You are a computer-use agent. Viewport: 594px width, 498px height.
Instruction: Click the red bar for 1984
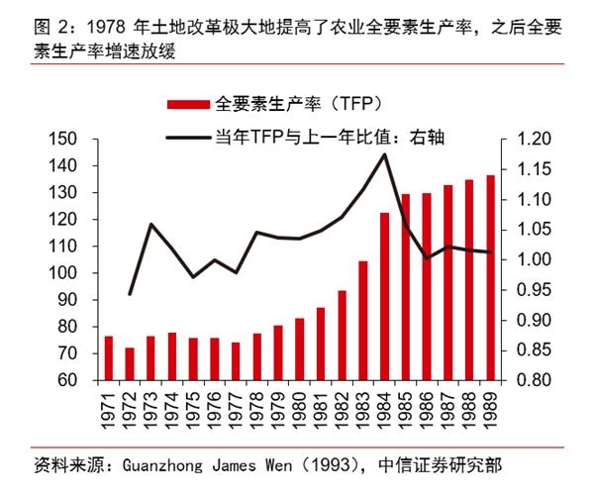pos(384,296)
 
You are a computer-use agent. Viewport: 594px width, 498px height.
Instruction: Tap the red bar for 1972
pos(130,363)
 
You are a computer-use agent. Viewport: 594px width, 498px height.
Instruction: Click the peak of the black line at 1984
pos(384,154)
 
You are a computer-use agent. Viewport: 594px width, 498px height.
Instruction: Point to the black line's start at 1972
pos(130,294)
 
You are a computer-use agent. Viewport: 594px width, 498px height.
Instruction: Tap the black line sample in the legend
pos(187,138)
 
